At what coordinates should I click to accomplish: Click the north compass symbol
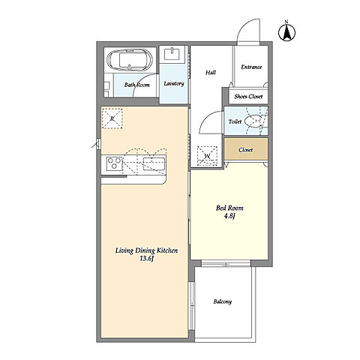click(286, 32)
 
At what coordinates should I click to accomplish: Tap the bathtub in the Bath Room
click(130, 60)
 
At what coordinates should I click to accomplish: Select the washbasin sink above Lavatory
click(172, 54)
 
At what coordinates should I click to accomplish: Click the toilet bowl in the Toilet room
click(253, 121)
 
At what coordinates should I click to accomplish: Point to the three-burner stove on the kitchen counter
click(114, 163)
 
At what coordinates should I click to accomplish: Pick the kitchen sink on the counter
click(154, 164)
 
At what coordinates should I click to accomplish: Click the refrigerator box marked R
click(112, 118)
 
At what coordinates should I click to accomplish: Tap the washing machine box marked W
click(207, 156)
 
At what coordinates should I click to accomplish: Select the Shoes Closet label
click(248, 97)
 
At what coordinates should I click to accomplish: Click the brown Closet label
click(246, 150)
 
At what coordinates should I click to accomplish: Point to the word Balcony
click(223, 301)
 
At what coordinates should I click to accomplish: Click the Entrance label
click(251, 67)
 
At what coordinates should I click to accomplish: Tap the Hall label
click(211, 73)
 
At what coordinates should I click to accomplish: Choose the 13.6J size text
click(146, 259)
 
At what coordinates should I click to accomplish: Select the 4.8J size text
click(229, 216)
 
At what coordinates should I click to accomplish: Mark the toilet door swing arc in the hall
click(208, 119)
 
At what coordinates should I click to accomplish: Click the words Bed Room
click(229, 208)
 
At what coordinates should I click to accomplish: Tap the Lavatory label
click(174, 83)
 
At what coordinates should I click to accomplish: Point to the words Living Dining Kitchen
click(146, 250)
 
